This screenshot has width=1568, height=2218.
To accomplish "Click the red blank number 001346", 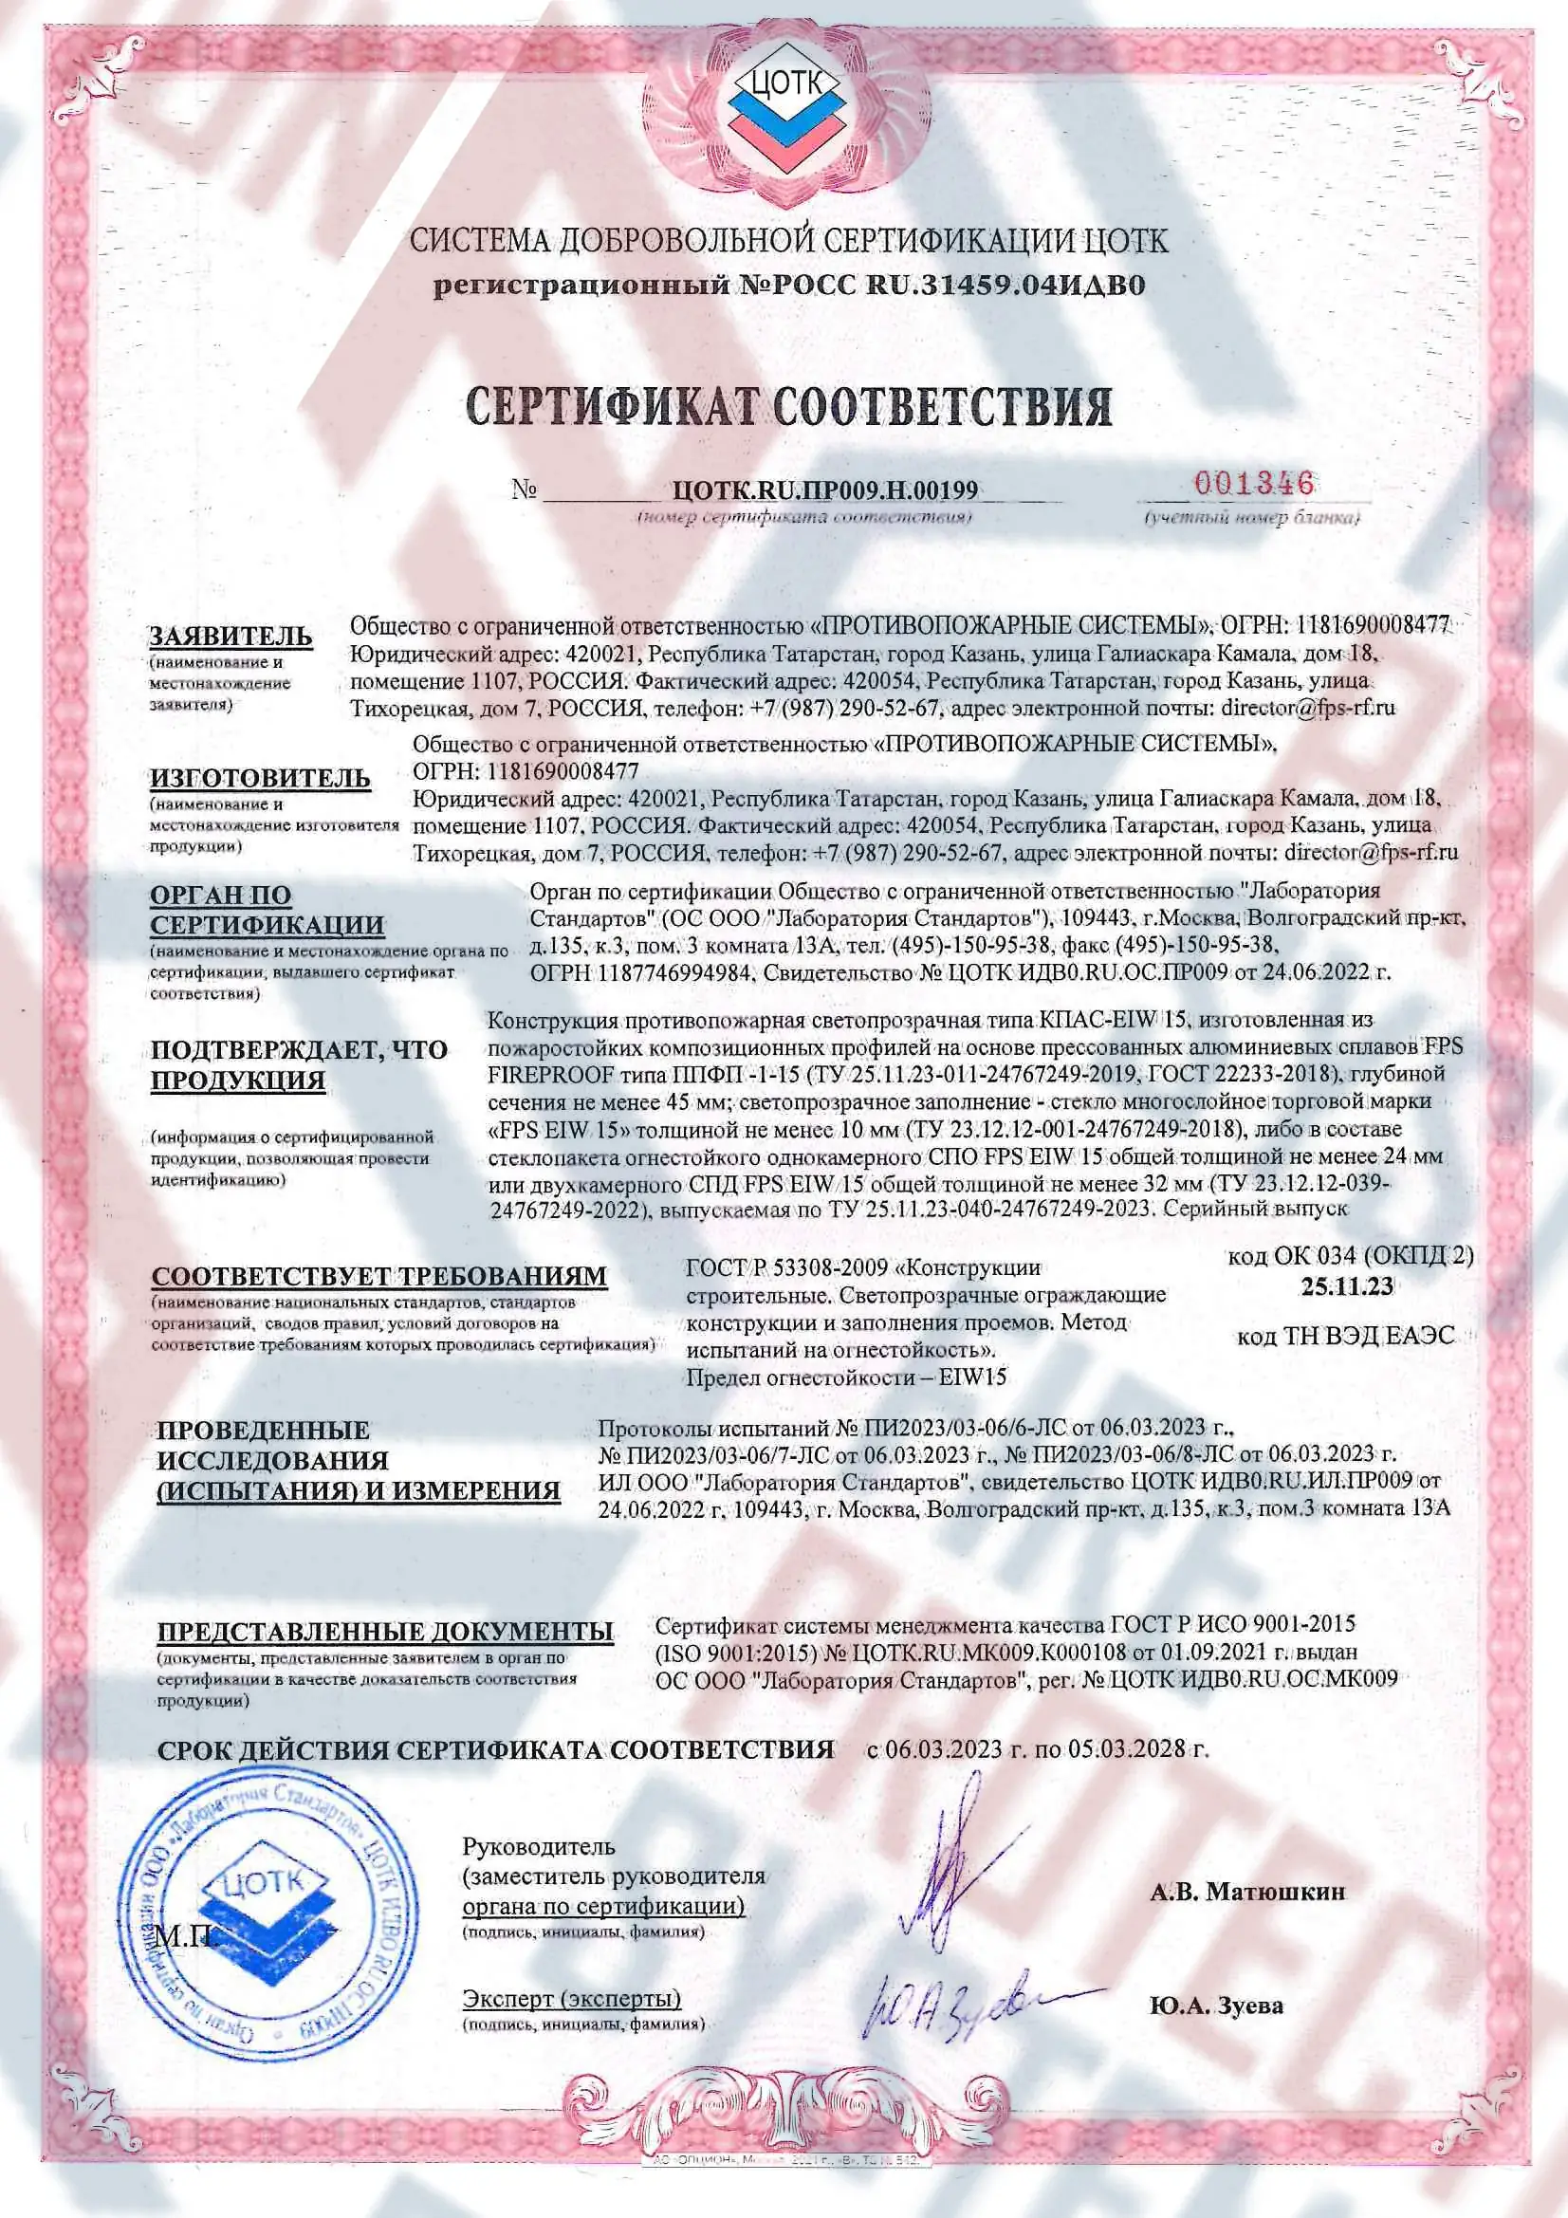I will pyautogui.click(x=1254, y=483).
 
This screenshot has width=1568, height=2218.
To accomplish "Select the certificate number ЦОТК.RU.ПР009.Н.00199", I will pyautogui.click(x=825, y=490).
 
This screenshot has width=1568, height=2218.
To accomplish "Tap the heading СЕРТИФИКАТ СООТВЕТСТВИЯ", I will pyautogui.click(x=788, y=406).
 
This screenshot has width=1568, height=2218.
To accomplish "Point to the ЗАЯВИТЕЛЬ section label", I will pyautogui.click(x=230, y=636).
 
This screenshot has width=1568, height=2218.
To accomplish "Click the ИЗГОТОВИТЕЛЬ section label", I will pyautogui.click(x=260, y=778).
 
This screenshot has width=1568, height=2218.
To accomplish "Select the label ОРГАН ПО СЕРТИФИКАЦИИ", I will pyautogui.click(x=267, y=910).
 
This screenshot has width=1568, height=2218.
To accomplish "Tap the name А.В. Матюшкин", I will pyautogui.click(x=1247, y=1892).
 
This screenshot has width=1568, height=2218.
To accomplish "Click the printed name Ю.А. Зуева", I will pyautogui.click(x=1216, y=2006).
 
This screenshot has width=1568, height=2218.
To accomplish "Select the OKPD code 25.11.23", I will pyautogui.click(x=1347, y=1285).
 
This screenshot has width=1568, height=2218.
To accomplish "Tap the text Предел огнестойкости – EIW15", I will pyautogui.click(x=845, y=1377).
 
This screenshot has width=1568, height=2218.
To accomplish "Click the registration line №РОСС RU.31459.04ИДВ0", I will pyautogui.click(x=788, y=286).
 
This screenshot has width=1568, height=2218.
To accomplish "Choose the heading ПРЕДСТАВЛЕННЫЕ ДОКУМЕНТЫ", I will pyautogui.click(x=385, y=1632).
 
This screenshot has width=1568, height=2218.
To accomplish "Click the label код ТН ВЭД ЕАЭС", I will pyautogui.click(x=1345, y=1336).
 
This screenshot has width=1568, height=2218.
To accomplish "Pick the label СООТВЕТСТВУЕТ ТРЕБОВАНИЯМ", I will pyautogui.click(x=379, y=1276).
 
